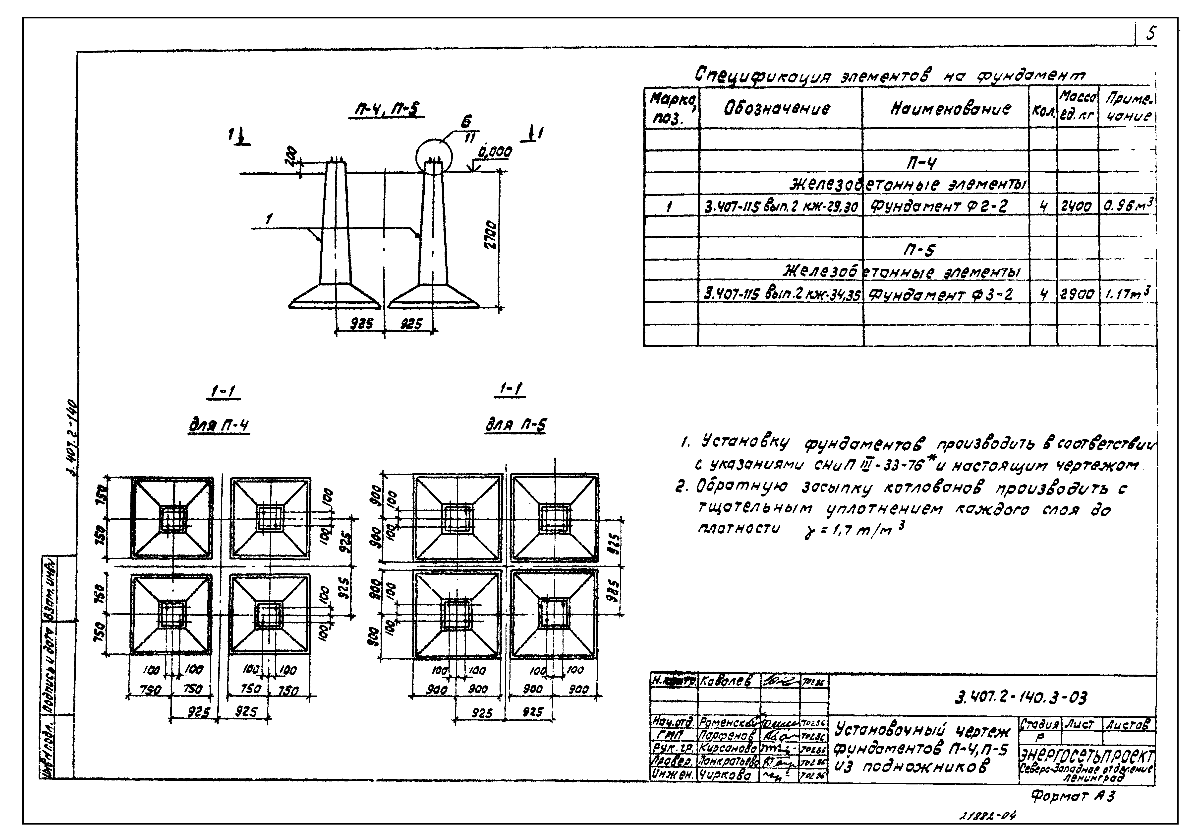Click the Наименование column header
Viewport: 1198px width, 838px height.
[x=950, y=110]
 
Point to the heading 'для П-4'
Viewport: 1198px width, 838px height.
[x=219, y=426]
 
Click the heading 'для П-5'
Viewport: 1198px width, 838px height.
[x=515, y=426]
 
